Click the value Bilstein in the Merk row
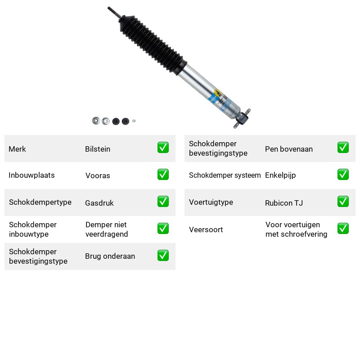point(98,149)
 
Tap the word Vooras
point(98,175)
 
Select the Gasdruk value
point(99,203)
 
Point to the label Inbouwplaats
point(31,175)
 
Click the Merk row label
point(17,149)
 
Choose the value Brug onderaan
point(110,256)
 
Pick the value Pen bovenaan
point(289,149)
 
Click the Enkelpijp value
point(280,175)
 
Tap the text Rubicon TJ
point(284,203)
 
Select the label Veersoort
point(206,229)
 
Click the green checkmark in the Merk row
point(163,148)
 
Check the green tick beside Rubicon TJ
point(343,201)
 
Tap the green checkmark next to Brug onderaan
point(163,256)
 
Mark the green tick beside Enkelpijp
point(343,175)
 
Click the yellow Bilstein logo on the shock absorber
point(218,93)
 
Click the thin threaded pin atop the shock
point(114,12)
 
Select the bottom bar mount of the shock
point(242,118)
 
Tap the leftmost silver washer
point(96,121)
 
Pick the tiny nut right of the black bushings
point(134,121)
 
